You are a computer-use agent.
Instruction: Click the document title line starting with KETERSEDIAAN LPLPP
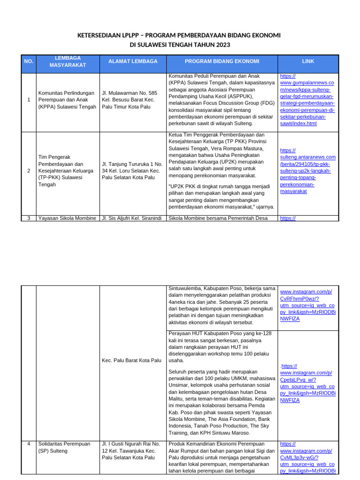pyautogui.click(x=180, y=36)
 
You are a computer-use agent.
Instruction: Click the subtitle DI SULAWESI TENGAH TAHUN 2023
pyautogui.click(x=180, y=45)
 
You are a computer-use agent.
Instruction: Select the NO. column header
pyautogui.click(x=29, y=61)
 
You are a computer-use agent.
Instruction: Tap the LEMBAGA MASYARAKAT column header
pyautogui.click(x=68, y=61)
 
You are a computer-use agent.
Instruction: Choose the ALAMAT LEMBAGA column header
pyautogui.click(x=133, y=61)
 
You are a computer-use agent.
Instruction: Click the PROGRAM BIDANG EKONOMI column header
pyautogui.click(x=222, y=61)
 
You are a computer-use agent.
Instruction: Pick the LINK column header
pyautogui.click(x=307, y=61)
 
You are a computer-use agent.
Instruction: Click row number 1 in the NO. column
pyautogui.click(x=29, y=99)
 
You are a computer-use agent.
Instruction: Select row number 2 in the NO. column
pyautogui.click(x=29, y=171)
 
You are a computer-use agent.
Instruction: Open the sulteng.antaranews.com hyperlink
pyautogui.click(x=307, y=171)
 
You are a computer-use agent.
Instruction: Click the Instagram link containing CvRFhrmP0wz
pyautogui.click(x=307, y=305)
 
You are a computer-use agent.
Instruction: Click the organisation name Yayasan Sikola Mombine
pyautogui.click(x=67, y=218)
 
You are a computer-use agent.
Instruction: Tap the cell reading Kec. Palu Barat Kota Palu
pyautogui.click(x=131, y=360)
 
